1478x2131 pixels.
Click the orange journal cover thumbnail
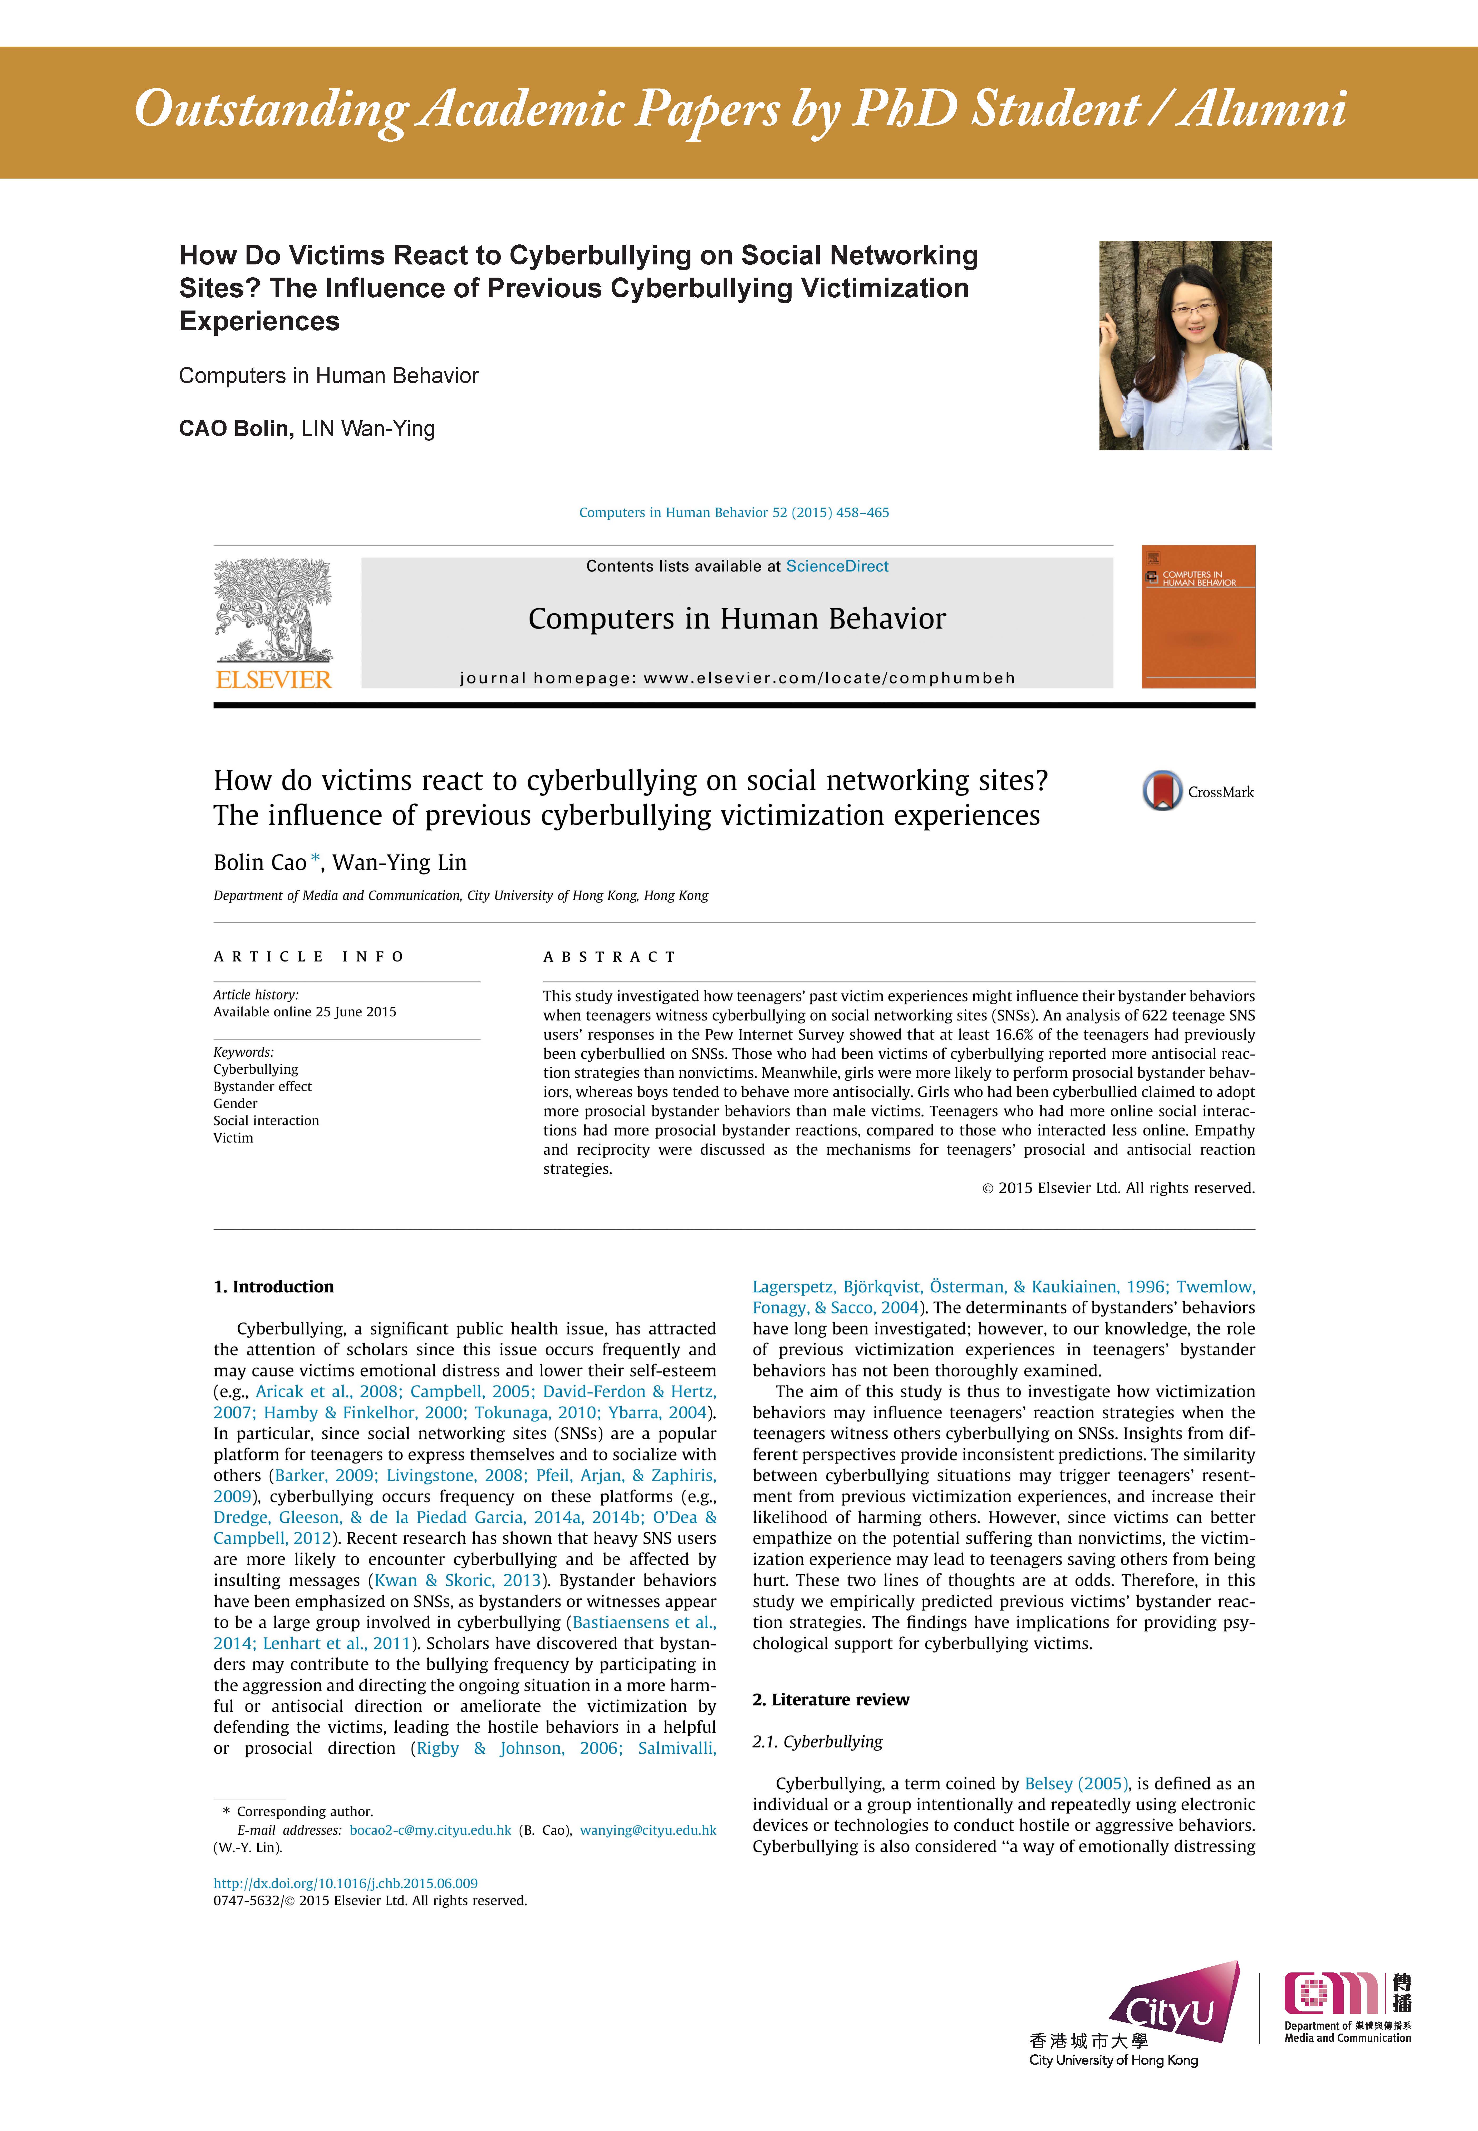click(x=1198, y=617)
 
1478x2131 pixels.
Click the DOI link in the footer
click(x=345, y=1883)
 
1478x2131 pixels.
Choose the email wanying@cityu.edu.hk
click(x=648, y=1830)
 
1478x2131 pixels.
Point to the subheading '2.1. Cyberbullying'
click(x=818, y=1741)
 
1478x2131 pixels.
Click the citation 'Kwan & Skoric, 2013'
click(x=458, y=1580)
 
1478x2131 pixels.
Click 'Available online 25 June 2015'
click(x=305, y=1012)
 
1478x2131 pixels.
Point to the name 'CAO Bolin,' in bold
click(x=236, y=429)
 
